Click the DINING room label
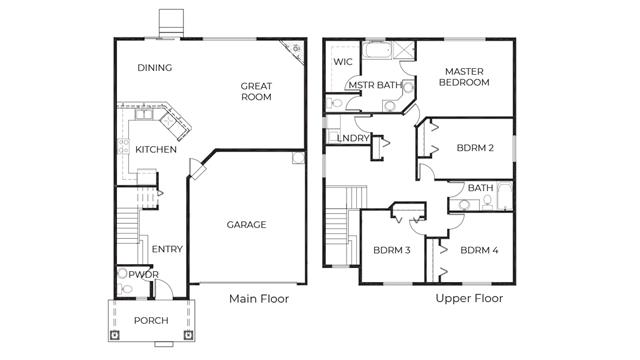(x=154, y=68)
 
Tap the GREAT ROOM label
(x=256, y=91)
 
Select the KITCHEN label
(x=156, y=149)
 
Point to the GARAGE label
(x=246, y=224)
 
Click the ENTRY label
(x=167, y=249)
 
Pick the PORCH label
(x=151, y=320)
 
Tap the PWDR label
(x=143, y=275)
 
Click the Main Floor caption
(x=259, y=299)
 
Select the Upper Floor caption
(x=469, y=298)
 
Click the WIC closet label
(x=342, y=62)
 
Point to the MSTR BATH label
(x=375, y=85)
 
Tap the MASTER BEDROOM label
(x=464, y=77)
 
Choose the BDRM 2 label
(x=475, y=148)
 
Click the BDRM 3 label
(x=392, y=250)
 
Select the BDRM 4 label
(x=479, y=250)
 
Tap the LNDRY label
(x=353, y=138)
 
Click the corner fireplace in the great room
(x=293, y=51)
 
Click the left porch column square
(x=115, y=335)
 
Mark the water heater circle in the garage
(x=298, y=158)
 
